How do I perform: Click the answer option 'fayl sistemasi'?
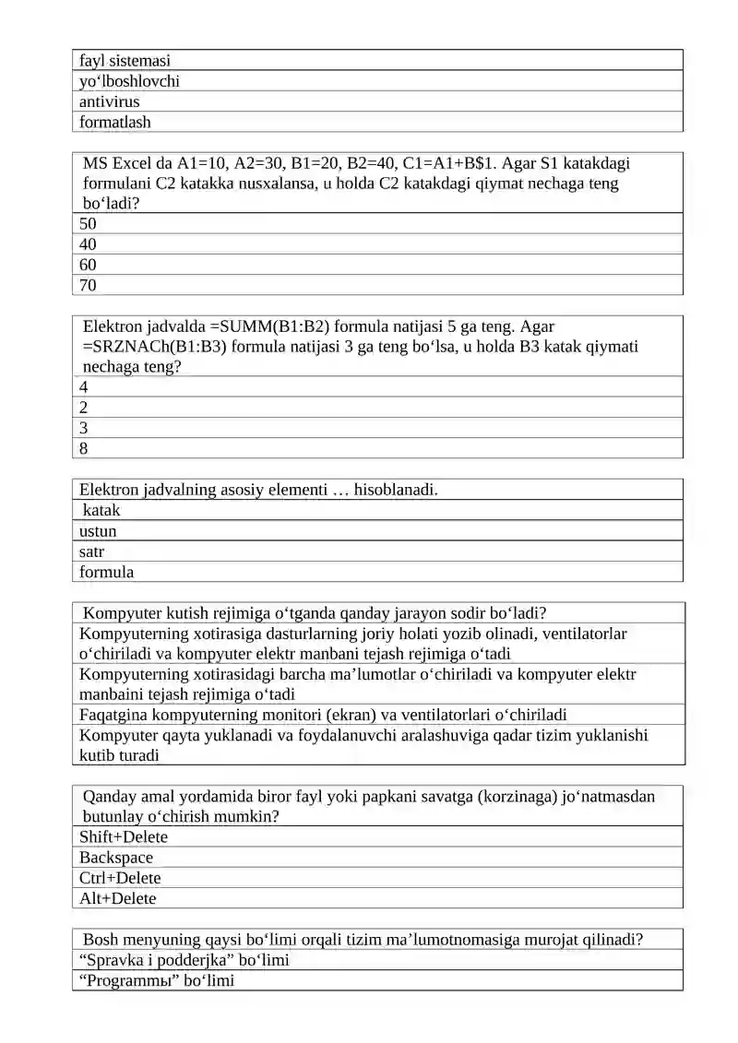click(125, 61)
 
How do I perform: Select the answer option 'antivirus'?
click(110, 101)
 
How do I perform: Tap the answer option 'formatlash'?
click(115, 122)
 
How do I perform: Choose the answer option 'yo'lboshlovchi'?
click(129, 81)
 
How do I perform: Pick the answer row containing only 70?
click(88, 285)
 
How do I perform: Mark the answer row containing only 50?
click(88, 224)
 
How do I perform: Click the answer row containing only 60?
click(88, 265)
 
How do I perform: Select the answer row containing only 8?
click(84, 448)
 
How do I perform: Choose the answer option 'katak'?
click(101, 510)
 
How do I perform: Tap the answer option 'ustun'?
click(98, 531)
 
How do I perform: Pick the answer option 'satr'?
click(91, 551)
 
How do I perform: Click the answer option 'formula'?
click(106, 572)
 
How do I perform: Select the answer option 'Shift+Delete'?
click(124, 837)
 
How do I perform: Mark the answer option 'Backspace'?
click(116, 858)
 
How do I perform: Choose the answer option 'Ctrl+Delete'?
click(120, 878)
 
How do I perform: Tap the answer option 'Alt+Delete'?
click(117, 898)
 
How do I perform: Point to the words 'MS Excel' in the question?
click(115, 163)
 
